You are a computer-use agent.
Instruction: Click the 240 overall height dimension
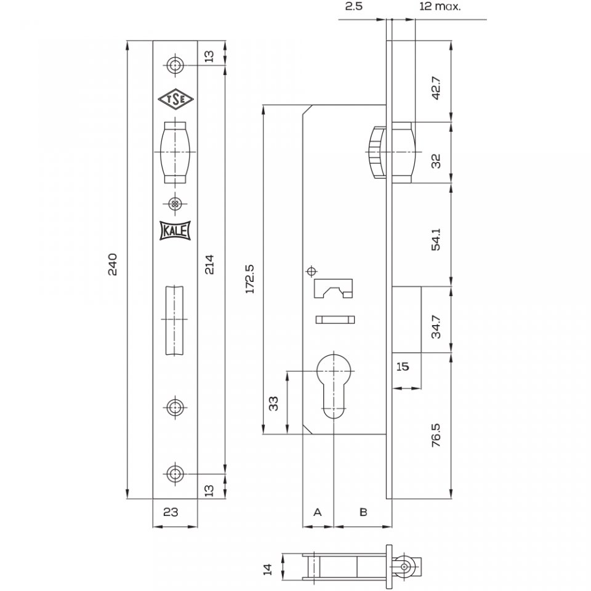click(113, 265)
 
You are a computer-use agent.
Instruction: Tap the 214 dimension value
click(209, 264)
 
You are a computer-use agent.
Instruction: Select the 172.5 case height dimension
click(250, 279)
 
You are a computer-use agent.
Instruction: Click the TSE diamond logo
click(175, 100)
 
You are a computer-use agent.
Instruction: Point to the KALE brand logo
click(175, 230)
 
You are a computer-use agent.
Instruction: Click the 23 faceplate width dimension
click(171, 512)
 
